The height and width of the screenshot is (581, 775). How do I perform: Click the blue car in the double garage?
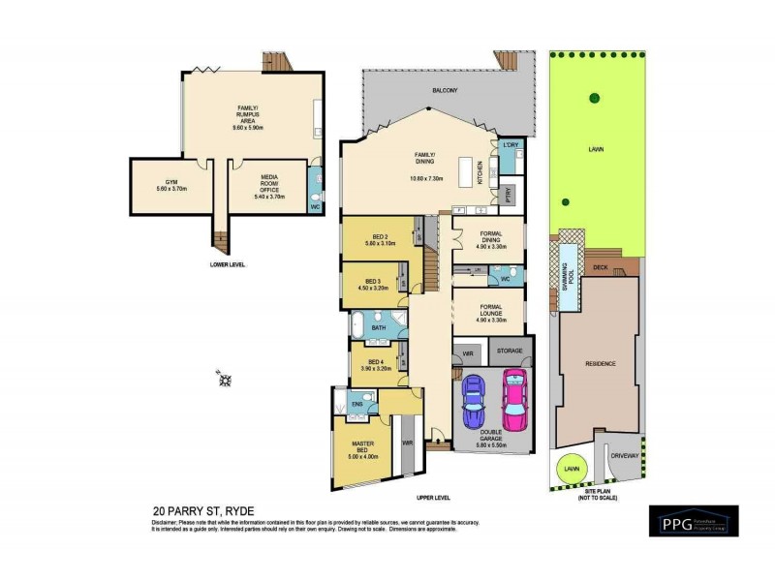[x=472, y=400]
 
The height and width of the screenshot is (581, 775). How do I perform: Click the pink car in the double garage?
[x=511, y=400]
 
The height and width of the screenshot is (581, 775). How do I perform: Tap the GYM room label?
[x=171, y=181]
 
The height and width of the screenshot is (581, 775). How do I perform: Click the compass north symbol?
[x=225, y=380]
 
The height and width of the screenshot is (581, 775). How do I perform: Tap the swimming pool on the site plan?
[x=566, y=275]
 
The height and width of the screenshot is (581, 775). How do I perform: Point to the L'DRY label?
[x=511, y=145]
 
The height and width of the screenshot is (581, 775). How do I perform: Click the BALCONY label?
[x=445, y=90]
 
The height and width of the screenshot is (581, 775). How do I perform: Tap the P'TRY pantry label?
[x=508, y=194]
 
